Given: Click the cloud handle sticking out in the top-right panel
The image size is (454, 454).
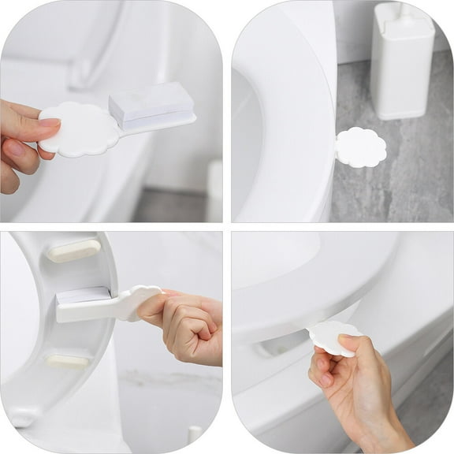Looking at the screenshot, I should click(361, 147).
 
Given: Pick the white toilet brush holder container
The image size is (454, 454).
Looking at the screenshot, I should click(402, 63).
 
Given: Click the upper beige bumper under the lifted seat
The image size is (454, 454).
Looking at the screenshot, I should click(73, 251).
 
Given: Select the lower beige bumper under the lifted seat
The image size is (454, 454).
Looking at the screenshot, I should click(66, 360).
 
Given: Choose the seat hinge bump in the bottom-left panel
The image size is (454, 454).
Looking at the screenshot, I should click(24, 415).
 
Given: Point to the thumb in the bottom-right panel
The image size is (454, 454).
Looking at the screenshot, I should click(348, 347).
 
